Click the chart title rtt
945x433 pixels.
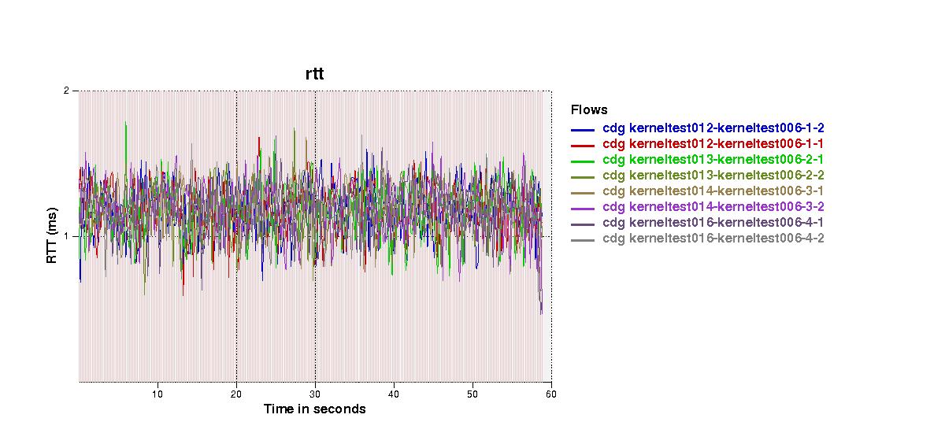click(x=314, y=74)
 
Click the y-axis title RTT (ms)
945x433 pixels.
click(x=52, y=236)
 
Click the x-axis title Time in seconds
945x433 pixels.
click(x=314, y=409)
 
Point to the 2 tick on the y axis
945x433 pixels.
click(x=67, y=91)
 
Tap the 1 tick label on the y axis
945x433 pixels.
click(x=67, y=236)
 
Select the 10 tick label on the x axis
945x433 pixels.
click(x=157, y=394)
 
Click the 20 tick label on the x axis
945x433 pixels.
click(x=236, y=394)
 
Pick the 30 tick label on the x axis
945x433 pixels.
click(x=315, y=394)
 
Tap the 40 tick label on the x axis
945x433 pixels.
click(x=394, y=394)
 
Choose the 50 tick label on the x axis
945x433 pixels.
click(x=472, y=394)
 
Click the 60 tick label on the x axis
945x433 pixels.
click(x=550, y=394)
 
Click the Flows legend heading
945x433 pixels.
click(x=589, y=110)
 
